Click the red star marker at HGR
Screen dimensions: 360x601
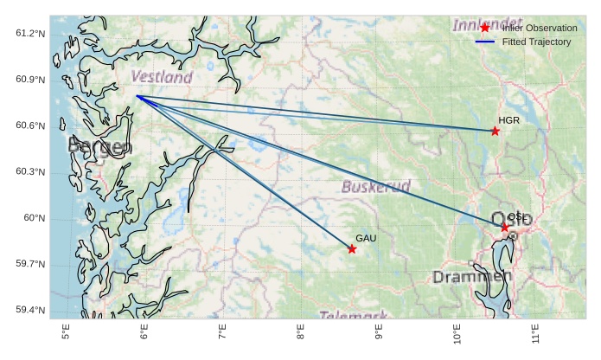(x=495, y=131)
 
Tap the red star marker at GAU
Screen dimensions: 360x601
(x=352, y=249)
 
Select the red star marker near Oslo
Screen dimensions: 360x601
(x=504, y=227)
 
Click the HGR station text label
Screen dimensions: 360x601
(x=508, y=120)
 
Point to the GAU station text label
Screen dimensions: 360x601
(x=366, y=238)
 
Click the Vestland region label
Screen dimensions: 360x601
(x=162, y=78)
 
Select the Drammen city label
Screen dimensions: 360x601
(x=471, y=277)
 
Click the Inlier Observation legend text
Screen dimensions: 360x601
(x=539, y=29)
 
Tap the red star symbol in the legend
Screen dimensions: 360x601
(x=485, y=29)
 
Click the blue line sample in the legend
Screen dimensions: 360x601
(x=485, y=42)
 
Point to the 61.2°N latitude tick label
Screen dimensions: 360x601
(x=30, y=33)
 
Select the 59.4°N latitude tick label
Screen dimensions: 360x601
(x=30, y=310)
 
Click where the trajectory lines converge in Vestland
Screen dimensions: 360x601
(x=137, y=96)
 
